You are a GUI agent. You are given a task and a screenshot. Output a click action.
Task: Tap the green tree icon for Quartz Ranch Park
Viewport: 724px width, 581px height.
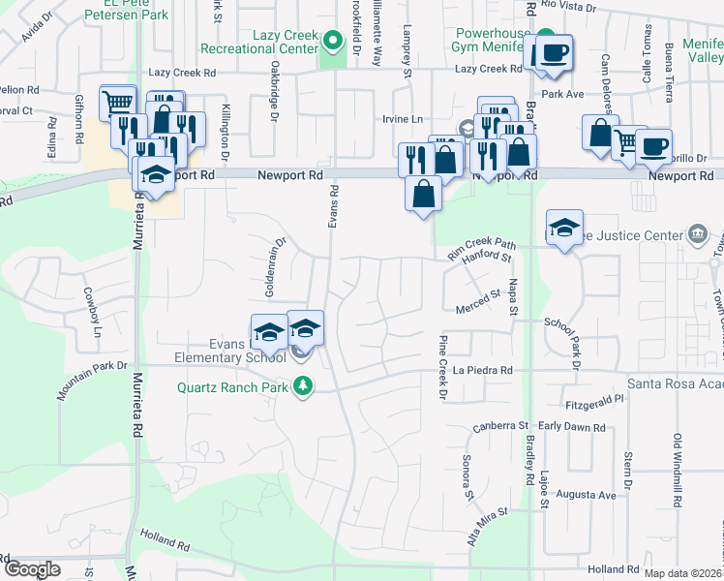click(304, 387)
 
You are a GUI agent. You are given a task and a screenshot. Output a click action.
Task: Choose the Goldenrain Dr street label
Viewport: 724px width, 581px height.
click(277, 267)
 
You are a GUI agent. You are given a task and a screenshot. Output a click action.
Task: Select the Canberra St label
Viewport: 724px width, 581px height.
click(499, 425)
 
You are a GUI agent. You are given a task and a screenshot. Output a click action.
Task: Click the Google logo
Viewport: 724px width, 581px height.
click(31, 568)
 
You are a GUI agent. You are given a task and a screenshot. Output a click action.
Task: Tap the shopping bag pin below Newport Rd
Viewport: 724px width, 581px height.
click(423, 194)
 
